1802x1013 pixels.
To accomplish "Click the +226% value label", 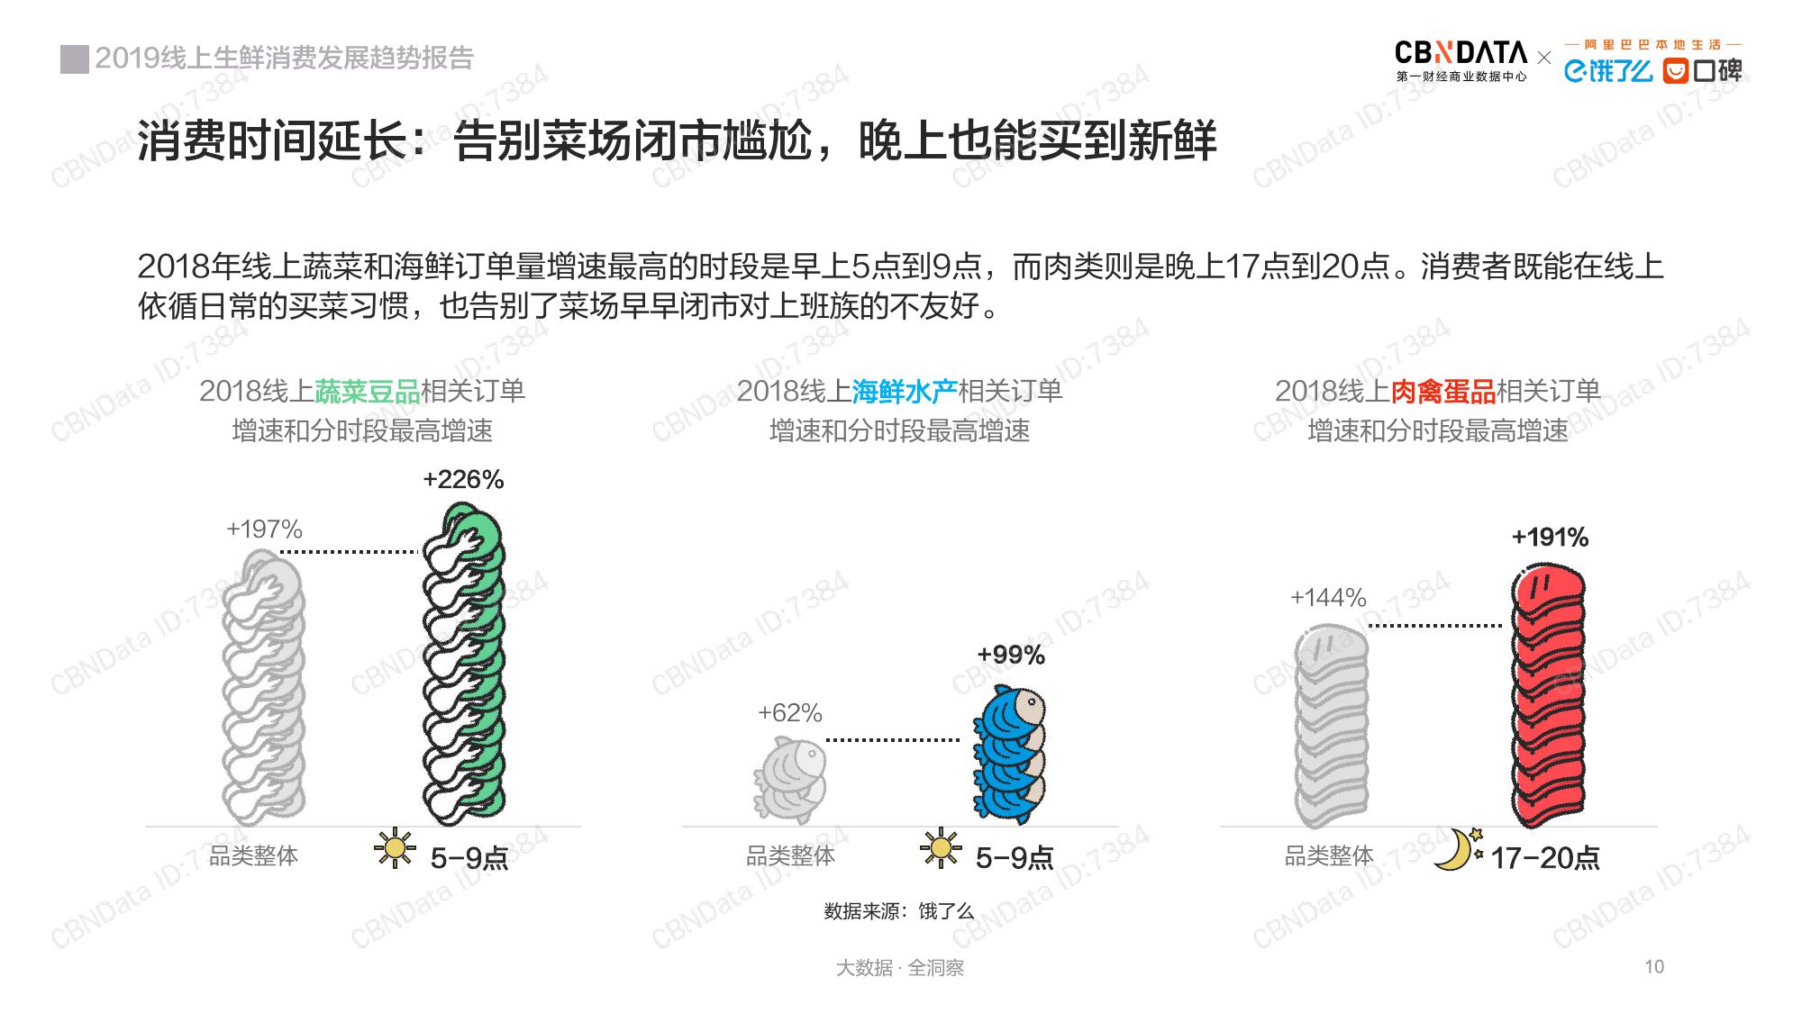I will pos(463,480).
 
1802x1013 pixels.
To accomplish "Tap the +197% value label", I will pos(264,529).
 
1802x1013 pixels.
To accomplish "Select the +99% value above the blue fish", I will pos(1011,655).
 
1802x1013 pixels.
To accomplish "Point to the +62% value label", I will pos(790,713).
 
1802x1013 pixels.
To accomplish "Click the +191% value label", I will pos(1550,538).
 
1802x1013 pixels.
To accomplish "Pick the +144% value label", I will pos(1328,598).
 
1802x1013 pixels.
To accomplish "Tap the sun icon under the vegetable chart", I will pos(395,848).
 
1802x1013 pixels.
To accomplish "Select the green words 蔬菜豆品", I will pos(368,392).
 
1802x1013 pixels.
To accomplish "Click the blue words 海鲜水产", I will pos(905,392).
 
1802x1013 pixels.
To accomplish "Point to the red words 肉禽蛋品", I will pos(1443,392).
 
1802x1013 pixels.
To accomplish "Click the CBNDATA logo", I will pos(1461,60).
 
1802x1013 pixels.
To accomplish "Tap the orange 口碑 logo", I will pos(1702,70).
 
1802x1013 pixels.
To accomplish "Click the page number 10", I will pos(1654,967).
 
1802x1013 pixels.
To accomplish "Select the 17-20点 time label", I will pos(1545,858).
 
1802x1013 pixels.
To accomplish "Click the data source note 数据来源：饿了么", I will pos(899,911).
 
